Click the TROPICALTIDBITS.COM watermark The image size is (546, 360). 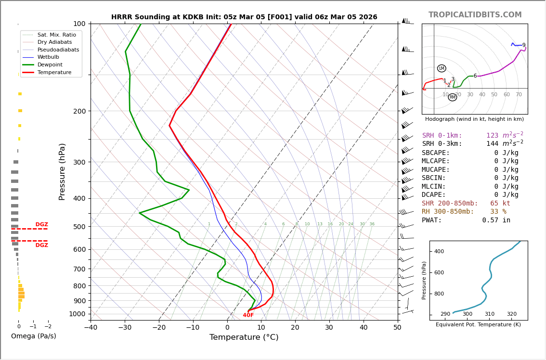click(x=475, y=15)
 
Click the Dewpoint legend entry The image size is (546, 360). click(x=50, y=64)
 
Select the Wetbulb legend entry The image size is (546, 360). click(x=48, y=57)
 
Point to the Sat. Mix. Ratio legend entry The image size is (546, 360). click(x=56, y=35)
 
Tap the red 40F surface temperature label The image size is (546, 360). click(x=248, y=315)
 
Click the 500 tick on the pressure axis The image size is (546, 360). click(x=79, y=227)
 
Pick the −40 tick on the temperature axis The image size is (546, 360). click(x=91, y=328)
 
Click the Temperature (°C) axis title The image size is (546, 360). click(x=244, y=337)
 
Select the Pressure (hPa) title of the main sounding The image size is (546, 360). click(x=62, y=171)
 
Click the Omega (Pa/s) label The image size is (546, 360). click(x=34, y=336)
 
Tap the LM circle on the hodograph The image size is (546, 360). click(x=442, y=68)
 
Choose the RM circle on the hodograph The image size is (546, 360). click(x=452, y=97)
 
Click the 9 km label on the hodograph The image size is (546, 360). click(x=524, y=45)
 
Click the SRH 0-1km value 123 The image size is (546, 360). click(x=492, y=136)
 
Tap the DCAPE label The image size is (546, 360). click(x=434, y=195)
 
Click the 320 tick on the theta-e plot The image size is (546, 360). click(x=511, y=314)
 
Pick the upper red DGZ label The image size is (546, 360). click(x=42, y=225)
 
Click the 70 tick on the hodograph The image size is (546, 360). click(x=519, y=95)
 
